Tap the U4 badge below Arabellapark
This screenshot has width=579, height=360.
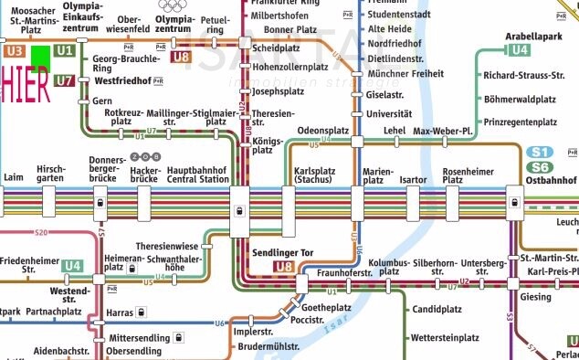[519, 49]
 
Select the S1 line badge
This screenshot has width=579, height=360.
[539, 152]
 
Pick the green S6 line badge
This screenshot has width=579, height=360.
[539, 167]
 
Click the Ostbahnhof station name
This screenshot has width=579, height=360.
[552, 180]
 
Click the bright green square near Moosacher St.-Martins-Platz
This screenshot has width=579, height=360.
[41, 56]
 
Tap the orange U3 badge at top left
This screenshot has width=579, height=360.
[14, 51]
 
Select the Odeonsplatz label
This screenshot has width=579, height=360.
[323, 131]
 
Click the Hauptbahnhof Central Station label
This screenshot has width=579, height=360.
[197, 175]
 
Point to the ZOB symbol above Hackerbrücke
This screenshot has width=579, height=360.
[145, 157]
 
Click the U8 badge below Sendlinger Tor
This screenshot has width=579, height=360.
[284, 267]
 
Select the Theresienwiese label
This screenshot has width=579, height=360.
[165, 246]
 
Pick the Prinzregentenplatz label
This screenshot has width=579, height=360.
[521, 122]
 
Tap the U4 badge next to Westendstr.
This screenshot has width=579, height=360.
[73, 266]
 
